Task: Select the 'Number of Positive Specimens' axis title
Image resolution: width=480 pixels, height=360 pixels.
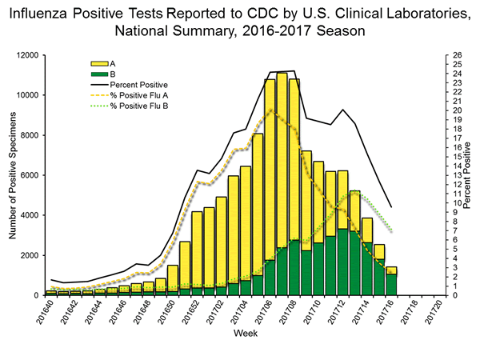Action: coord(11,176)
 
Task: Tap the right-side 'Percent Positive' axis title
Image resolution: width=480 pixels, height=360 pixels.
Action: coord(469,175)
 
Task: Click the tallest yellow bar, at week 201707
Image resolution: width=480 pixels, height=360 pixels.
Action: coord(282,160)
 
